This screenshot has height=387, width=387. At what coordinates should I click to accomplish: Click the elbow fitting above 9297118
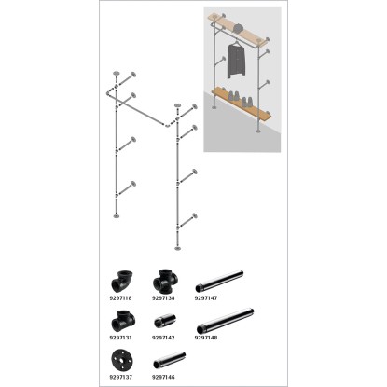coord(121,281)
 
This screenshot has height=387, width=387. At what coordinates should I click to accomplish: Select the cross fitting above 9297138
coord(165,282)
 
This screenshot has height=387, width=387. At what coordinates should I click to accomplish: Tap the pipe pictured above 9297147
coord(219,282)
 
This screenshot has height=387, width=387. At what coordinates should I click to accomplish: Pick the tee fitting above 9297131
coord(123,321)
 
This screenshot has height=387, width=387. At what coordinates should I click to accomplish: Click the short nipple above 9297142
coord(165,321)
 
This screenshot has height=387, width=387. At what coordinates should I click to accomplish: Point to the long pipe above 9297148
coord(226,321)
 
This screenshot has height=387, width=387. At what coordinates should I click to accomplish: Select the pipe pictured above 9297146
coord(170,360)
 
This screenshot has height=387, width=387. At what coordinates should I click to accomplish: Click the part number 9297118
coord(120,298)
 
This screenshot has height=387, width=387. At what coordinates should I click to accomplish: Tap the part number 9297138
coord(163,298)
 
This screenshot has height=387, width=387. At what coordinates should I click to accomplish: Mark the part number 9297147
coord(206,298)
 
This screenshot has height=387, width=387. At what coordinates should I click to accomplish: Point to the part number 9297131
coord(120,338)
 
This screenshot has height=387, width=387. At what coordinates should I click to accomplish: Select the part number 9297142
coord(163,338)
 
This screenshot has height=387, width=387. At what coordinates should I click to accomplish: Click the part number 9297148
coord(206,338)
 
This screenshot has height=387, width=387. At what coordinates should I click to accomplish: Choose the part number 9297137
coord(120,377)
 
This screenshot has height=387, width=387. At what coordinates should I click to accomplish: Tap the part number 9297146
coord(163,377)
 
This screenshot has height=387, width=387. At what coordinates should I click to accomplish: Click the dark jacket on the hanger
coord(236,61)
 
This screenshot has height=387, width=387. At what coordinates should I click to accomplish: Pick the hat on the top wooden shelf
coord(239,28)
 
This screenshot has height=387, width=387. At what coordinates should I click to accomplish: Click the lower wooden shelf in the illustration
coord(242,104)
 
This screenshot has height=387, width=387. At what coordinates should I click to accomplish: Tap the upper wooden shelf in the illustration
coord(238,30)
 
